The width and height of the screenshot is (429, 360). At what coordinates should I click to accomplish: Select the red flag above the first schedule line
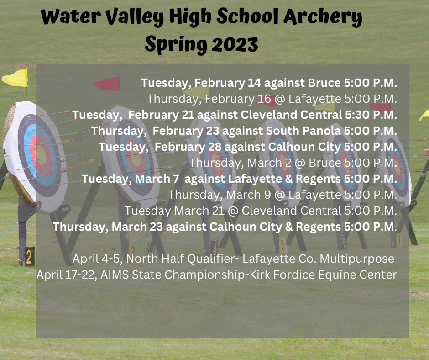(x=107, y=84)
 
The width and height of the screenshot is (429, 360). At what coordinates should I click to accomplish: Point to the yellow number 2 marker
(x=29, y=256)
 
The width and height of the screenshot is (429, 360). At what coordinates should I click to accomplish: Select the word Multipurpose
(x=357, y=259)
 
